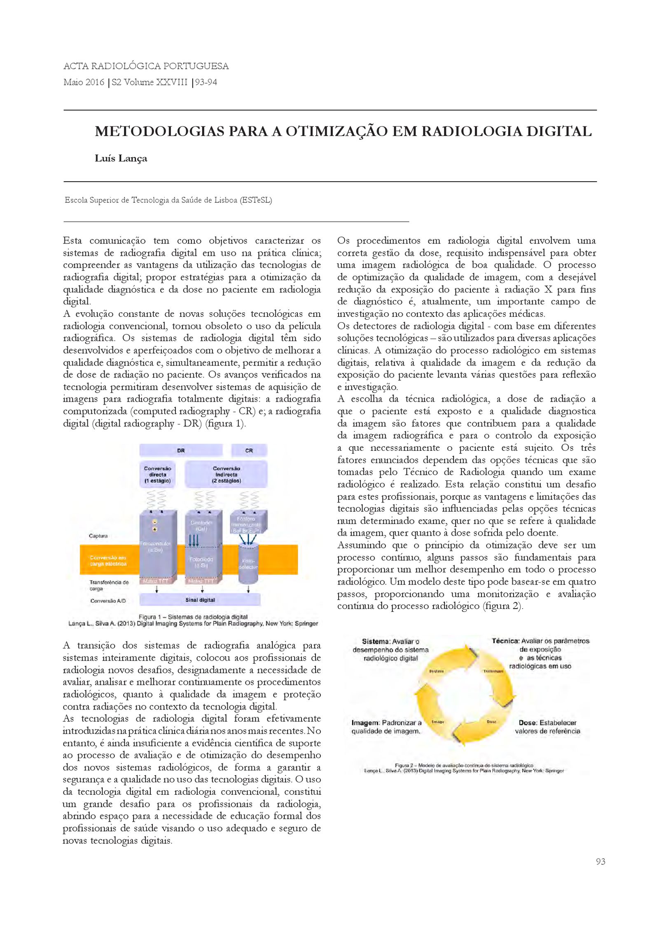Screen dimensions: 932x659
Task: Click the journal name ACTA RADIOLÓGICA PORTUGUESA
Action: tap(146, 66)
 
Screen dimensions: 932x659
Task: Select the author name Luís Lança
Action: tap(121, 159)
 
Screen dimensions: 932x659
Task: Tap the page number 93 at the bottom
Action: tap(600, 862)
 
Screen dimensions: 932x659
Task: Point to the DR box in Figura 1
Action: tap(181, 450)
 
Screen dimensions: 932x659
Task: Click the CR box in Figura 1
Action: tap(249, 450)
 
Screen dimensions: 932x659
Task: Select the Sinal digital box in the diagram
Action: tap(200, 600)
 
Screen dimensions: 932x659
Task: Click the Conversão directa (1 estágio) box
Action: tap(157, 475)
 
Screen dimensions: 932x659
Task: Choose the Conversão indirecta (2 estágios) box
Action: tap(226, 475)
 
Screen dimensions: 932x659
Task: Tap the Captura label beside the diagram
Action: tap(98, 536)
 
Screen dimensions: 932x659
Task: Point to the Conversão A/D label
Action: tap(108, 601)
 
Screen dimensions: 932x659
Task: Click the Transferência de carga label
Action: tap(109, 585)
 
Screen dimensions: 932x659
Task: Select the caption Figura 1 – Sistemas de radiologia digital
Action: tap(193, 617)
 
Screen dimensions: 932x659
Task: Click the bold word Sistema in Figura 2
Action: tap(375, 642)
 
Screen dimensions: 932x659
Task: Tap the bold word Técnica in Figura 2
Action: tap(505, 641)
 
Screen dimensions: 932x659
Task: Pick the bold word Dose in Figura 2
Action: tap(528, 723)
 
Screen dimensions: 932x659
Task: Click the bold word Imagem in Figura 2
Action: tap(365, 723)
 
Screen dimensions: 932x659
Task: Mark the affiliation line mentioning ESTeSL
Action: tap(168, 200)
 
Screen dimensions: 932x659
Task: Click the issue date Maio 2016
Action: tap(84, 82)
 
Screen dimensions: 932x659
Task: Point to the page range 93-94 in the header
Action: tap(206, 82)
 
